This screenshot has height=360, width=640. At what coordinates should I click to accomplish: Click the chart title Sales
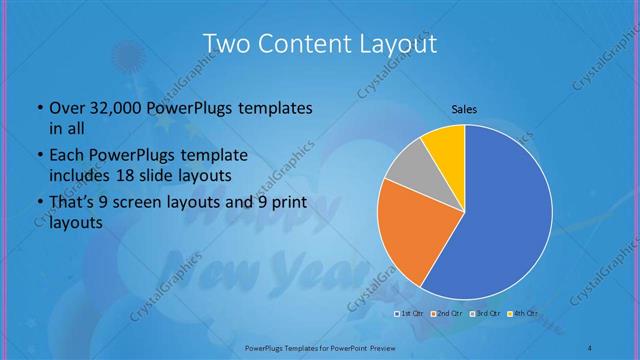(x=464, y=109)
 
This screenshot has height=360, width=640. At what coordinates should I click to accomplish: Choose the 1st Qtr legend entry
(x=410, y=314)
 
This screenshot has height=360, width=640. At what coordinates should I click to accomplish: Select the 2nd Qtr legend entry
(x=447, y=314)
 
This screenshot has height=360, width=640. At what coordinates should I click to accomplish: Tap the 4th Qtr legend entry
(x=522, y=314)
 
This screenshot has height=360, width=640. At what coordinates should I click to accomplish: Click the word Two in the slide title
(x=224, y=44)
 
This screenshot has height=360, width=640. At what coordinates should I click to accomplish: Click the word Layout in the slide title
(x=397, y=44)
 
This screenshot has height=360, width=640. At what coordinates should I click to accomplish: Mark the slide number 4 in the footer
(x=590, y=347)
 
